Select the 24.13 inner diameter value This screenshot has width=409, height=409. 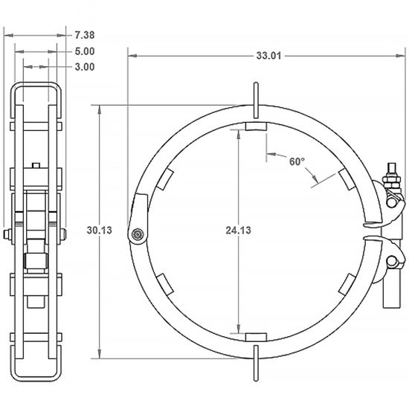point(238,231)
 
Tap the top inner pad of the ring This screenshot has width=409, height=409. point(255,129)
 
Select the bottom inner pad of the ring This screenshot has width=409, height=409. point(255,337)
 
